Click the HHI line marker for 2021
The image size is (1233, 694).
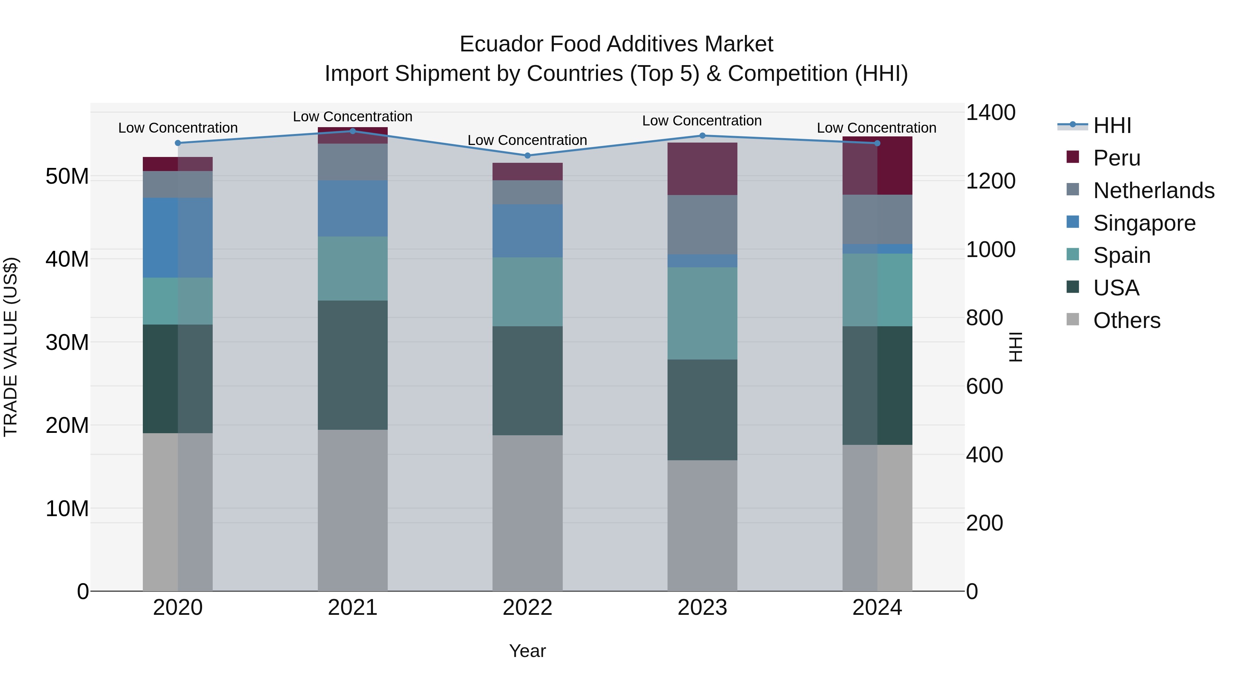[x=352, y=131]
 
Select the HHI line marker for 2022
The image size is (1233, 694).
[x=527, y=156]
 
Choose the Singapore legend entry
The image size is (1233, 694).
[x=1144, y=223]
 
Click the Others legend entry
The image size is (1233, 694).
[x=1126, y=320]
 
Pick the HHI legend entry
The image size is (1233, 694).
[x=1112, y=125]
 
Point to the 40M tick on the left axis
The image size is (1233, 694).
[x=67, y=259]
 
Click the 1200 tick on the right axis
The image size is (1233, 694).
[x=990, y=181]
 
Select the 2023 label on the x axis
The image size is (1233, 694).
[x=702, y=608]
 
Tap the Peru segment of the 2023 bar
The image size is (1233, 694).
[x=702, y=169]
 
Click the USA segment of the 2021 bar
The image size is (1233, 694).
[x=352, y=365]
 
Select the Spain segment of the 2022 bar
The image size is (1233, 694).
[x=527, y=292]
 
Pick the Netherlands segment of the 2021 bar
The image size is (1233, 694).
[x=352, y=162]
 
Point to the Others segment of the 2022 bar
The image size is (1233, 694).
[x=527, y=512]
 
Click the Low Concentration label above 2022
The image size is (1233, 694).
[x=527, y=140]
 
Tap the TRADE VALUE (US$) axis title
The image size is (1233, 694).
[x=11, y=347]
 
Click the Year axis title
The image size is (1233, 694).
[x=527, y=651]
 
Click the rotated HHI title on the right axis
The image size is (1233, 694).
[x=1015, y=347]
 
